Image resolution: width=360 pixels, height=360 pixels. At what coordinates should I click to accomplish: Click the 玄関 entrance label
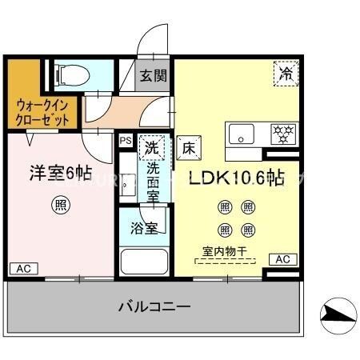154,76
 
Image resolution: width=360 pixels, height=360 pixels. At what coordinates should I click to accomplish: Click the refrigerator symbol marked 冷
286,72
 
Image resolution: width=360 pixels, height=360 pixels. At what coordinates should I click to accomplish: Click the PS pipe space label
126,141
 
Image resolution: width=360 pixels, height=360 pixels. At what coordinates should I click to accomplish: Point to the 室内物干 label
223,252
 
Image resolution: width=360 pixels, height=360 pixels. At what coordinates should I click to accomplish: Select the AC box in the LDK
282,259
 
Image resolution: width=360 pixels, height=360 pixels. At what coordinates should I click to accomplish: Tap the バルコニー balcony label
154,306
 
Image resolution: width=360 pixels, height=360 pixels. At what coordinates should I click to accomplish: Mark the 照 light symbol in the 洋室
61,205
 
